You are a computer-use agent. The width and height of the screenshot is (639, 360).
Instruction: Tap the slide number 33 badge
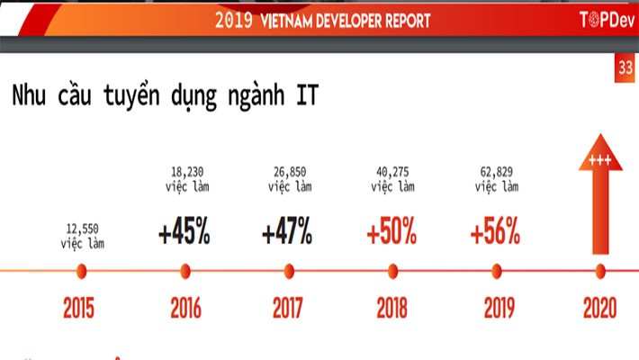[x=625, y=68]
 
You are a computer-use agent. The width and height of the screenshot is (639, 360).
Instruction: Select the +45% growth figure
[x=184, y=233]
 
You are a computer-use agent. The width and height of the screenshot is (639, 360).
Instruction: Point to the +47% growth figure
[x=288, y=233]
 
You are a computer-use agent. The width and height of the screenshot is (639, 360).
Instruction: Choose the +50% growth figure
[x=391, y=233]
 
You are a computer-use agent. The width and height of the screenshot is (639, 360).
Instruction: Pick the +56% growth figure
[x=495, y=233]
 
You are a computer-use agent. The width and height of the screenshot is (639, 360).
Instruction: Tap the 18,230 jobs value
[x=184, y=179]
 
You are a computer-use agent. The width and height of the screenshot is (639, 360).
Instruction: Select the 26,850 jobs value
[x=288, y=179]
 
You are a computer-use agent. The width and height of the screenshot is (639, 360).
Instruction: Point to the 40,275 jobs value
[x=391, y=179]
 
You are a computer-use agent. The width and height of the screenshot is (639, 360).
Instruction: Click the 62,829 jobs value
[x=495, y=179]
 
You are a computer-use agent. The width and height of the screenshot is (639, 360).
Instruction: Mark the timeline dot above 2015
[x=82, y=270]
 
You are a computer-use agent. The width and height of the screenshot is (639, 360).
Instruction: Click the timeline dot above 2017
[x=288, y=270]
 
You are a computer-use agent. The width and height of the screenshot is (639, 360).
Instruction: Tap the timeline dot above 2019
[x=495, y=270]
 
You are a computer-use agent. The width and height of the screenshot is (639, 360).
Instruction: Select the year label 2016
[x=185, y=308]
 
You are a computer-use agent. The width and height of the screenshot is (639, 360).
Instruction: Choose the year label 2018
[x=391, y=308]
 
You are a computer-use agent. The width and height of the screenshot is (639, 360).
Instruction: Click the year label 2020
[x=599, y=308]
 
